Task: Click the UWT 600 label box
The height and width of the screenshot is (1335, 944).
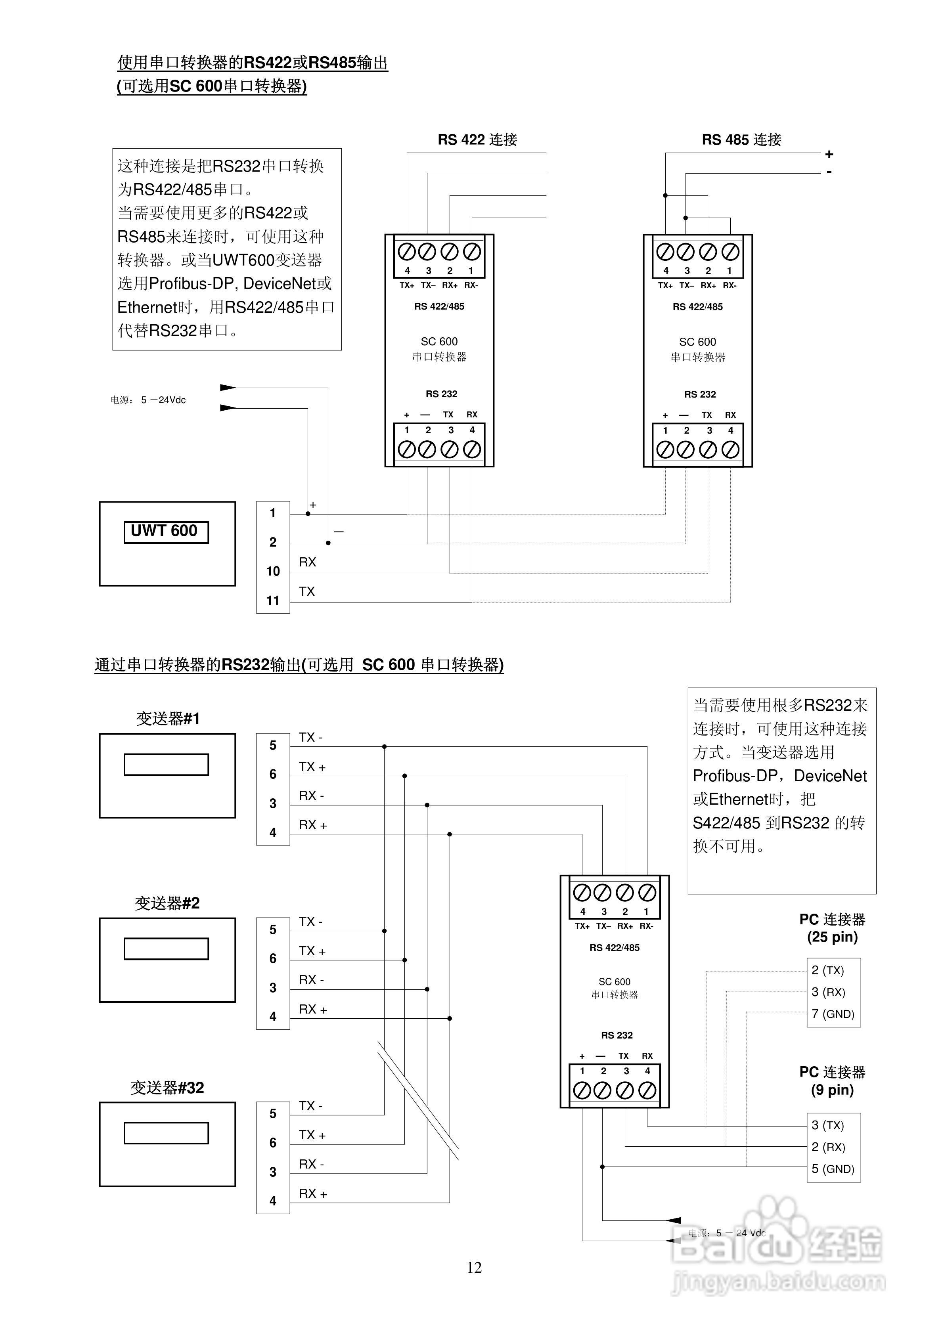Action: [x=166, y=532]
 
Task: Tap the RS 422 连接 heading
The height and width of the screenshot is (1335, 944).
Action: [x=477, y=140]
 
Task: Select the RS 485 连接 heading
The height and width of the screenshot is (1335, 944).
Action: [x=741, y=140]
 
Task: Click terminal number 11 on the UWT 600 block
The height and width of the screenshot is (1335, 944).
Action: [x=273, y=601]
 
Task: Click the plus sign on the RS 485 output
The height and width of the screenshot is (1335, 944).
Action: [x=829, y=155]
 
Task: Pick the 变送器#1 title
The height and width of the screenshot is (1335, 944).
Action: [x=168, y=719]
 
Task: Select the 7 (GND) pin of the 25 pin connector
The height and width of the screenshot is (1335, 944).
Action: [x=832, y=1014]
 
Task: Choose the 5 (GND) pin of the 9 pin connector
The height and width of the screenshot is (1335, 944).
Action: [x=832, y=1169]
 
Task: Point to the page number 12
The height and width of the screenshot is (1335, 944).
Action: [x=474, y=1268]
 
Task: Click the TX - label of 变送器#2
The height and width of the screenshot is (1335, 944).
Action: [x=310, y=922]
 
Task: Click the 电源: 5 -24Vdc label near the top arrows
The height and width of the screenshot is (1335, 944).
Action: [x=148, y=400]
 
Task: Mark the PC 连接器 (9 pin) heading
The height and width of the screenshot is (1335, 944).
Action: [x=832, y=1081]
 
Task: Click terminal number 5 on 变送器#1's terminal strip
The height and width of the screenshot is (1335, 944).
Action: [x=273, y=746]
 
